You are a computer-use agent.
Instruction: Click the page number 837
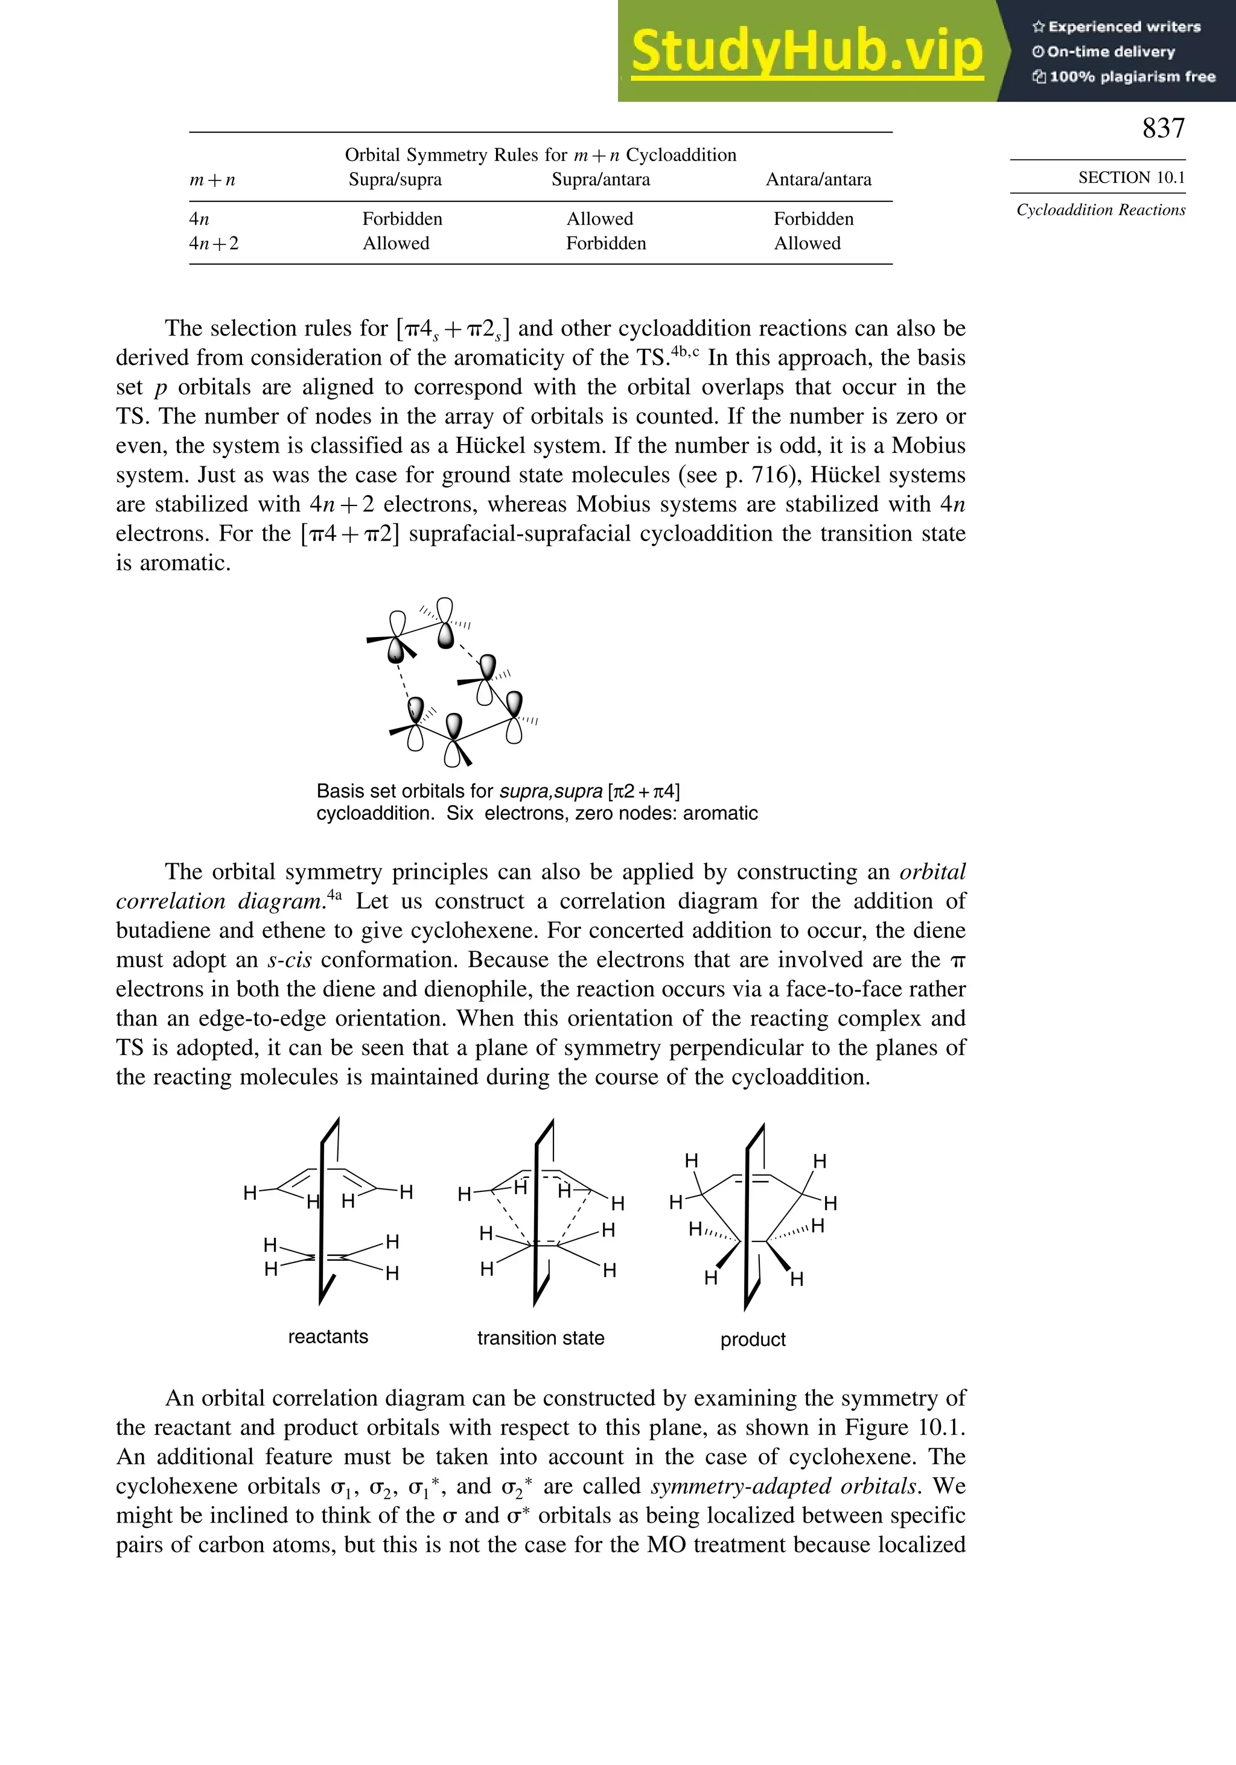1163,128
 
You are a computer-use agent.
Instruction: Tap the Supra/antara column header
600,180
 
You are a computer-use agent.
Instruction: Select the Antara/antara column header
818,180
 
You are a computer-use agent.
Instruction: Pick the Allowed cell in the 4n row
599,219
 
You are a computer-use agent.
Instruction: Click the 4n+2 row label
214,244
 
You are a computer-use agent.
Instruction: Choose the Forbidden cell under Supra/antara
605,244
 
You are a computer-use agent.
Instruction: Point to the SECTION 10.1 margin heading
1130,177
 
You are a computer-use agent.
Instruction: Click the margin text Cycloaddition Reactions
1101,210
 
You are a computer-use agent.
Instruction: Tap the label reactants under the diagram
328,1337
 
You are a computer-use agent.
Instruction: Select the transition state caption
540,1339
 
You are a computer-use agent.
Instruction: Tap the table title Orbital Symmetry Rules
540,155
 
